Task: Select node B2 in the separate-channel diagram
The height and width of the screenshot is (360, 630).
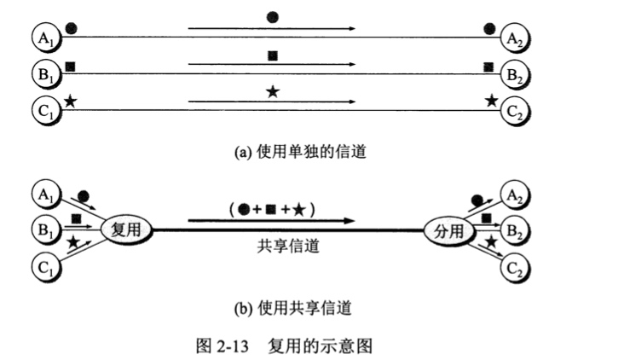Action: click(x=514, y=74)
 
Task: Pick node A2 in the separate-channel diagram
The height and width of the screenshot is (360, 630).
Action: click(x=514, y=37)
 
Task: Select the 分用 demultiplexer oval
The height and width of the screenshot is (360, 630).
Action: click(x=449, y=229)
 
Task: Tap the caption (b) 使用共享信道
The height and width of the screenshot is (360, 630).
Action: click(x=292, y=305)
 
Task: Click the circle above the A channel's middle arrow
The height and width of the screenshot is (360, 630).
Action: click(x=272, y=16)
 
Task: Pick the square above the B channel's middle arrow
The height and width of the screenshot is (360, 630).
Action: click(x=273, y=55)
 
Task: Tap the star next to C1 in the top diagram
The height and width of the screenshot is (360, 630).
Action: click(x=70, y=101)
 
